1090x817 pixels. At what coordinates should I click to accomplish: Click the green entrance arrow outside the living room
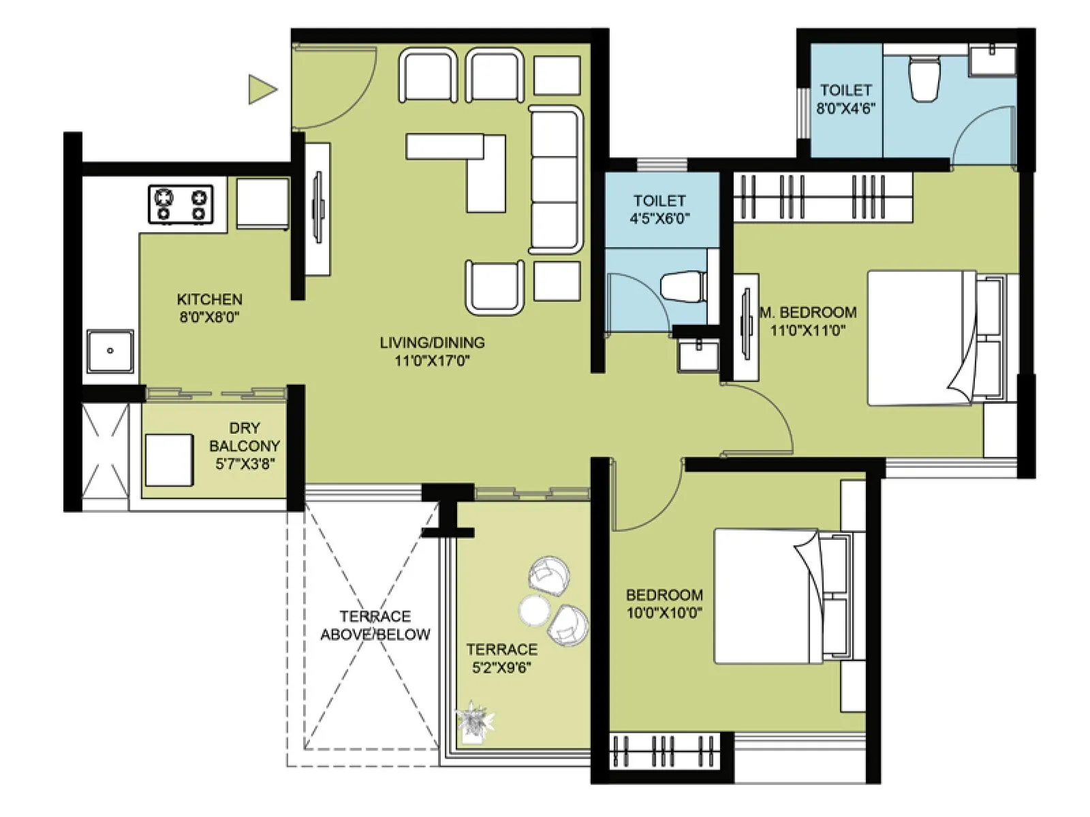coord(261,89)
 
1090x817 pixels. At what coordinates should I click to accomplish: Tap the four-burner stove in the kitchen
coord(181,205)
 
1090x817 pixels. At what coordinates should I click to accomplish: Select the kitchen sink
coord(110,351)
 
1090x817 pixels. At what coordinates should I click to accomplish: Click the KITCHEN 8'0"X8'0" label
coord(209,308)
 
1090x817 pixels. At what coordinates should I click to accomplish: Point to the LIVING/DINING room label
coord(432,351)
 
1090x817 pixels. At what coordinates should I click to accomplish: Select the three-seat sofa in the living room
coord(556,180)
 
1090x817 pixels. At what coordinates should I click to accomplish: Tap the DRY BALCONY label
coord(245,446)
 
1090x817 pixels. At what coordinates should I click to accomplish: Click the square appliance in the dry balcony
coord(169,460)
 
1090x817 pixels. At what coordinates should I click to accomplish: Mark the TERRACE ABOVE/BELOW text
coord(375,625)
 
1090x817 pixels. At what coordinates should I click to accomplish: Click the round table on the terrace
coord(533,610)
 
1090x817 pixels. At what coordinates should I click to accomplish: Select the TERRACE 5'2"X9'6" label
coord(501,658)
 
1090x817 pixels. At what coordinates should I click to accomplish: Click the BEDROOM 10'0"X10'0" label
coord(664,603)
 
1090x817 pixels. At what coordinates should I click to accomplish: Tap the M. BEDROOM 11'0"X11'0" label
coord(808,321)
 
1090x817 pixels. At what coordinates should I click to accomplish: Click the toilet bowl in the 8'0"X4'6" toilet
coord(924,78)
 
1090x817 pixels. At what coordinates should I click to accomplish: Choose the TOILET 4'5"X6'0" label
coord(659,209)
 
